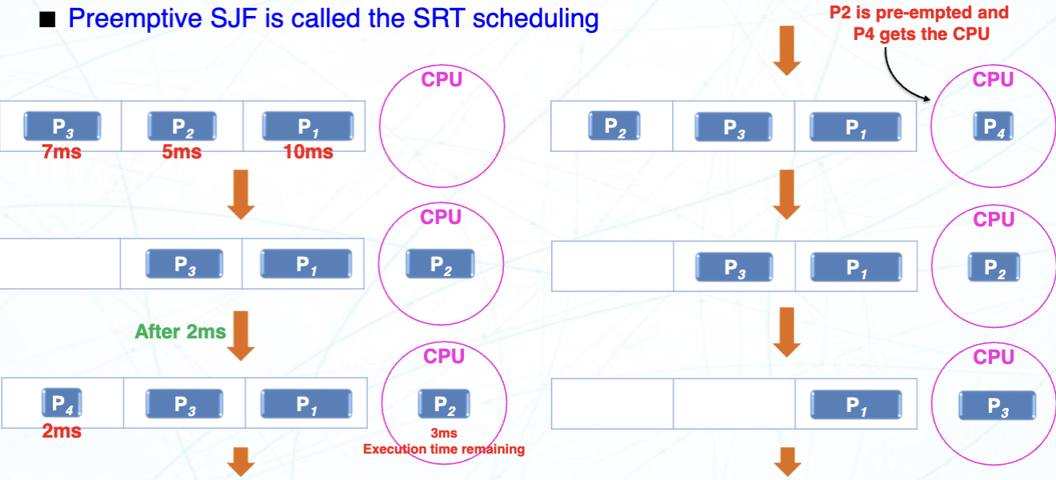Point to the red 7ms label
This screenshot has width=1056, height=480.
click(x=62, y=151)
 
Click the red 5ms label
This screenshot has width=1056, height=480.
click(x=182, y=151)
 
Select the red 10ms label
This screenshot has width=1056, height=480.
click(x=308, y=151)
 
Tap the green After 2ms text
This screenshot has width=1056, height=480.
click(x=180, y=331)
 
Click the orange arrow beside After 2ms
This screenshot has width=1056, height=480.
click(x=241, y=335)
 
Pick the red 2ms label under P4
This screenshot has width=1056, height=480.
click(x=62, y=431)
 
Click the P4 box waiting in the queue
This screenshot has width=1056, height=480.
click(x=62, y=403)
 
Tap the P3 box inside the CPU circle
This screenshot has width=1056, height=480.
click(x=998, y=406)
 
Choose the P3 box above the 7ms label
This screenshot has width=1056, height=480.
click(x=62, y=126)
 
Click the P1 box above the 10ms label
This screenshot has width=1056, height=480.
click(x=308, y=126)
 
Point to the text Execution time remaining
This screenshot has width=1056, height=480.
click(x=444, y=449)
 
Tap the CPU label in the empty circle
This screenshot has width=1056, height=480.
click(x=442, y=79)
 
